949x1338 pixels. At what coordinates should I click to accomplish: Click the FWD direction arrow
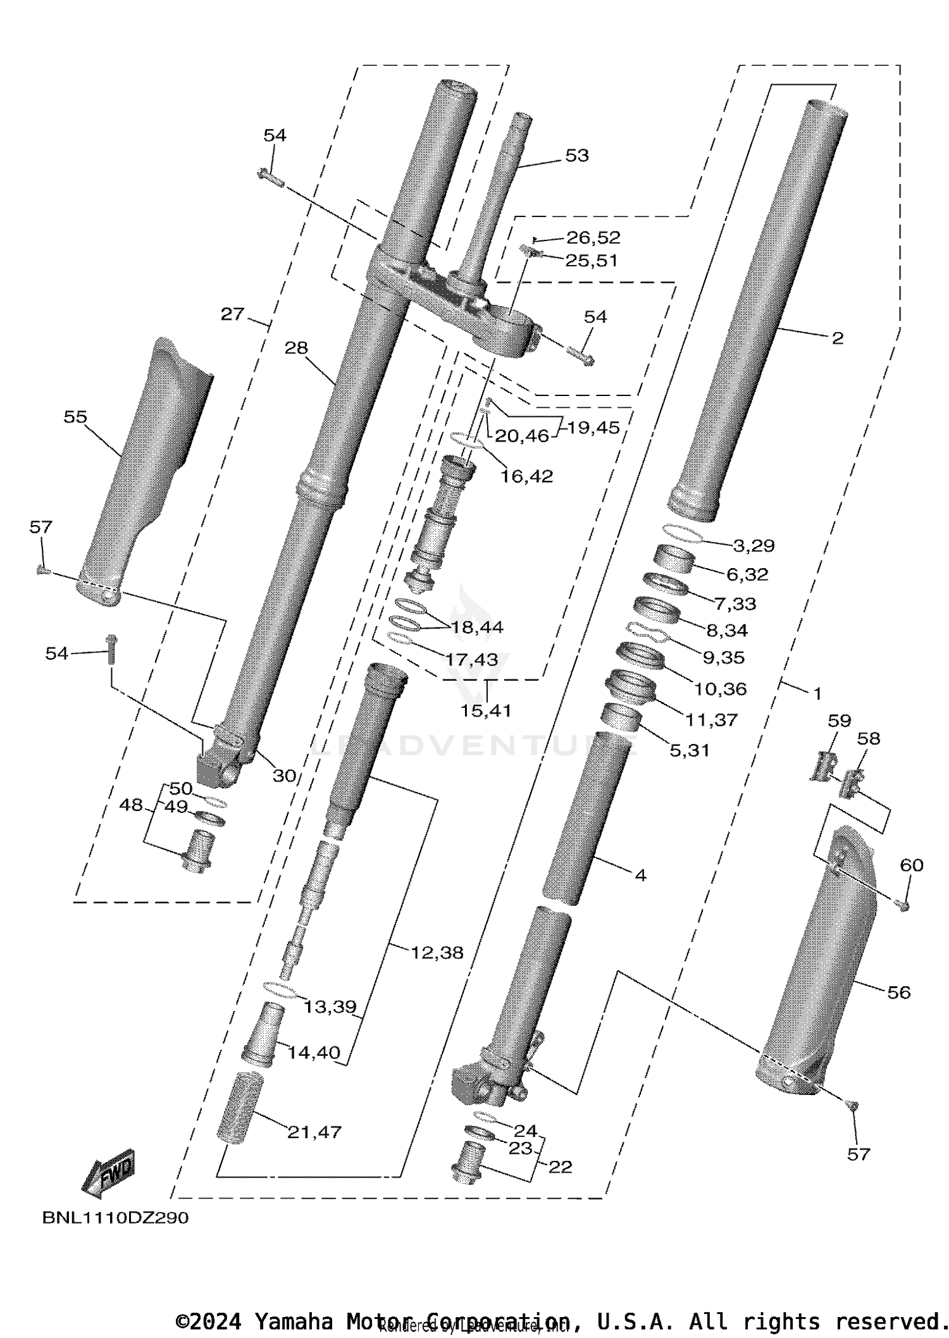coord(108,1174)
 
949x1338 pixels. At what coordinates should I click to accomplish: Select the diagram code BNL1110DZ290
coord(115,1218)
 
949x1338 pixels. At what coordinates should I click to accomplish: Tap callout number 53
coord(576,155)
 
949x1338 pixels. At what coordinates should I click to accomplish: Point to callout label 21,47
coord(314,1132)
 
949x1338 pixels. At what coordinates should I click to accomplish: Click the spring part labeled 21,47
coord(239,1106)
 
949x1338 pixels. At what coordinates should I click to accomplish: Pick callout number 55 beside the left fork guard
coord(75,417)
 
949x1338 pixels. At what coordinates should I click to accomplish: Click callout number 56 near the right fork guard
coord(898,992)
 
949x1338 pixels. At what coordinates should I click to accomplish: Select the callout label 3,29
coord(754,545)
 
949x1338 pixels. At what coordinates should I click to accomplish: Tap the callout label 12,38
coord(437,952)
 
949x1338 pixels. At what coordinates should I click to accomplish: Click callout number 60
coord(912,865)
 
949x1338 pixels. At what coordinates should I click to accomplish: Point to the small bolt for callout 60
coord(904,907)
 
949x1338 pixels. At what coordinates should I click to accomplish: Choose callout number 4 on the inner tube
coord(640,876)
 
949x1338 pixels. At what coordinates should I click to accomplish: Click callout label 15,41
coord(486,710)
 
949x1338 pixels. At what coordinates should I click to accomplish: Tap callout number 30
coord(284,776)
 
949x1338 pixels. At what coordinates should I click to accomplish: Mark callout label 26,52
coord(593,238)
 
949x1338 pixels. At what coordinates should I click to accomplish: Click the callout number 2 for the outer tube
coord(837,338)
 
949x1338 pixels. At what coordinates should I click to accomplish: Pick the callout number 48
coord(131,805)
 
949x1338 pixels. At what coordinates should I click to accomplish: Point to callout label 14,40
coord(314,1053)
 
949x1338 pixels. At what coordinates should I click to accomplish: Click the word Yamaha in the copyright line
coord(294,1322)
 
